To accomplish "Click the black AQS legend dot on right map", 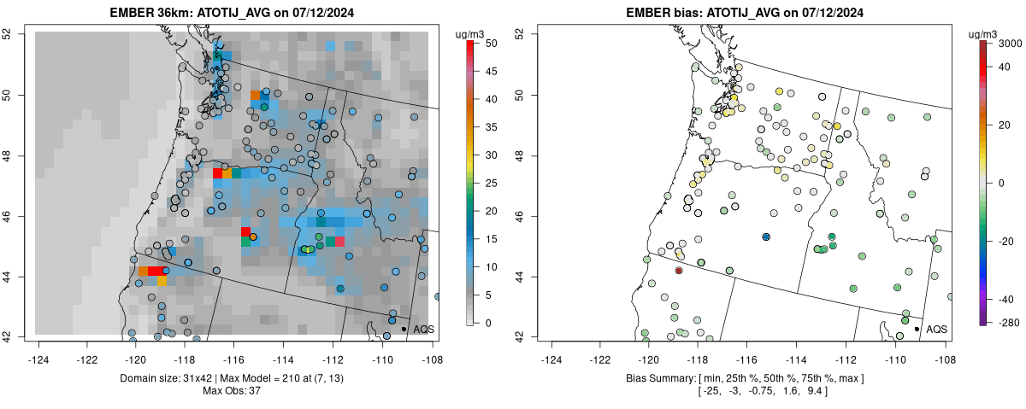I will pyautogui.click(x=917, y=329).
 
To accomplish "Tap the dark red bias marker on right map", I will pyautogui.click(x=679, y=270).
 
